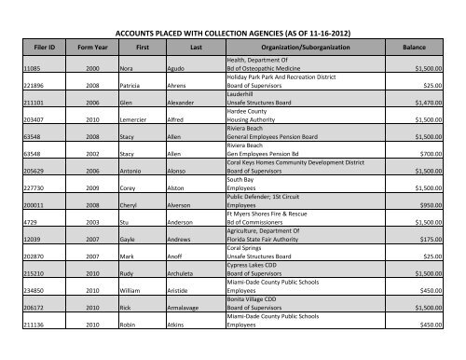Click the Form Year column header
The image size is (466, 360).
[x=98, y=45]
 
